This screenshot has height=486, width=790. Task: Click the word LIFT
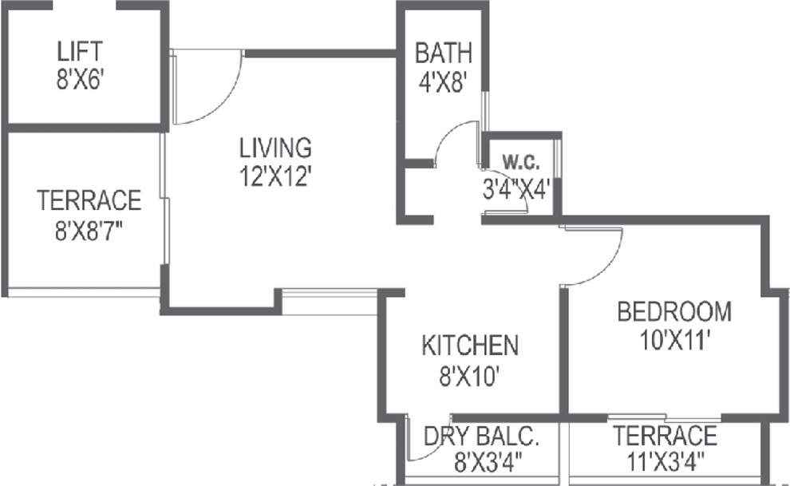80,51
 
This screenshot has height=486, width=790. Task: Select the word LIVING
275,148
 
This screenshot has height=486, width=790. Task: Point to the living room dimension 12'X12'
275,177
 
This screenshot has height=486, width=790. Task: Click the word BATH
444,53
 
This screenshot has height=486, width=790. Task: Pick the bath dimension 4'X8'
440,82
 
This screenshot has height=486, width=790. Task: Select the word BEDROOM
674,311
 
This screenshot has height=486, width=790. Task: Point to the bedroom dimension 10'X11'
675,341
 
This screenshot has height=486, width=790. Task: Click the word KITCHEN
470,346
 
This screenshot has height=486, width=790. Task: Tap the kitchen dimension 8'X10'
469,376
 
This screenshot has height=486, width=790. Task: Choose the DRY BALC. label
481,437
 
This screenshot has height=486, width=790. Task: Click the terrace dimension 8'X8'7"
89,231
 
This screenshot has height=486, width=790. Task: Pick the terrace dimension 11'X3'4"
666,462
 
